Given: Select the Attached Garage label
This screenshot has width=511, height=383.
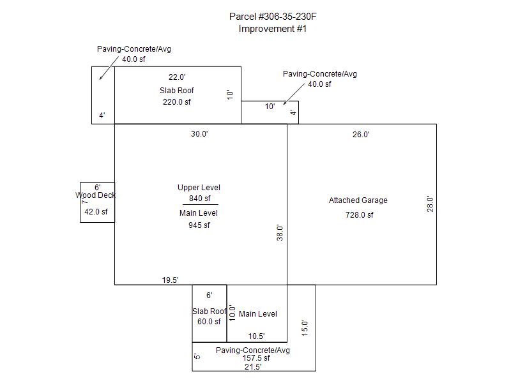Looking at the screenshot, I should tap(358, 200).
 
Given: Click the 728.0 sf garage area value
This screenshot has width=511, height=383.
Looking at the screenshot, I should tap(360, 215).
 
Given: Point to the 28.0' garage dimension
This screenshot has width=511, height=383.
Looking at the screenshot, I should tap(431, 204).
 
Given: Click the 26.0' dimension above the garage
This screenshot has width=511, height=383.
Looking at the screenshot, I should tap(361, 135).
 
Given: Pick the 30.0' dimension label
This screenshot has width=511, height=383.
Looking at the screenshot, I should tap(199, 134).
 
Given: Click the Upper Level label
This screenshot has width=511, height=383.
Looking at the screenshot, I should tap(199, 188).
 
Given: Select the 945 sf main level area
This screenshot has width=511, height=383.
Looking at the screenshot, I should tap(199, 225).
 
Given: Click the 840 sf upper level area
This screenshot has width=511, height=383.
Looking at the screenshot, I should tap(199, 199).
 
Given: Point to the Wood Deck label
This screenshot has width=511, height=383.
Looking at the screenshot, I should tap(96, 195).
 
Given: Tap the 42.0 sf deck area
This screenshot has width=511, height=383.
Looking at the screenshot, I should tap(96, 212).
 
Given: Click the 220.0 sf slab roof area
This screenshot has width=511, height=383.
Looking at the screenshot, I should tap(177, 101).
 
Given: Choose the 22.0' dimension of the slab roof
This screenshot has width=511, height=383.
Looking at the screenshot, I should tap(177, 77).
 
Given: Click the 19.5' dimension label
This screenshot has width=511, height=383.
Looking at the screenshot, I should tap(170, 280).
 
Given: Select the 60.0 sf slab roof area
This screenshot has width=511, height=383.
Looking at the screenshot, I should tap(208, 322).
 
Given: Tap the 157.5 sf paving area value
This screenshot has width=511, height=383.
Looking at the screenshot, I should tap(256, 358).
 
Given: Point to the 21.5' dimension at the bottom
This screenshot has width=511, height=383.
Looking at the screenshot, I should tap(252, 366).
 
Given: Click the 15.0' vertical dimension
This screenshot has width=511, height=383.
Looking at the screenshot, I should tap(305, 327).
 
